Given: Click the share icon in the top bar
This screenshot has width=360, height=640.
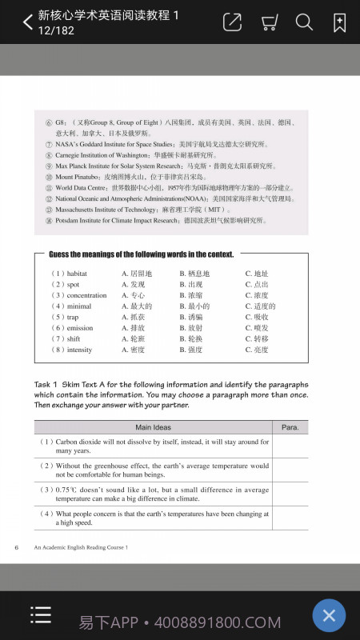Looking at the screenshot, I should click(232, 22).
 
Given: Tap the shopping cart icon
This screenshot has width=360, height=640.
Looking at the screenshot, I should click(270, 23).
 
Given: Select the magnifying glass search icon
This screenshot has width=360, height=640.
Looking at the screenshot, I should click(304, 22).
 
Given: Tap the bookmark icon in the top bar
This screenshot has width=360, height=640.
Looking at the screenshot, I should click(339, 22).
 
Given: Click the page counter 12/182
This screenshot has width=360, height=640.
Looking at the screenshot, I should click(56, 30).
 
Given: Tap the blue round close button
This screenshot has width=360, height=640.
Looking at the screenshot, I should click(328, 615).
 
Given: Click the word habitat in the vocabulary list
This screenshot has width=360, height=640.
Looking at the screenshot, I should click(78, 274).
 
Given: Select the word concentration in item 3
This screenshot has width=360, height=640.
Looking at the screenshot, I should click(86, 295).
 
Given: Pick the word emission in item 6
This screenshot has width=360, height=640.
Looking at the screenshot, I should click(80, 328).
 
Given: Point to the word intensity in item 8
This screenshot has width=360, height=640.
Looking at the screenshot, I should click(80, 350).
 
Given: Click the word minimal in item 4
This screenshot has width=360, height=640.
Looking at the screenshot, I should click(79, 306).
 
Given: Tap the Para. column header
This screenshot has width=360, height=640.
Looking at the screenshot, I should click(290, 427).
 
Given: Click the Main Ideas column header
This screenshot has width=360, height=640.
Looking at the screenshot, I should click(154, 427).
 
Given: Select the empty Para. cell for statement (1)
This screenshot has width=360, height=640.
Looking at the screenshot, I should click(290, 446).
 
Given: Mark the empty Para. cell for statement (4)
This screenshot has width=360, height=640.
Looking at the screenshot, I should click(290, 518).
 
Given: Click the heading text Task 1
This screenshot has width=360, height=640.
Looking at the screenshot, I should click(47, 384).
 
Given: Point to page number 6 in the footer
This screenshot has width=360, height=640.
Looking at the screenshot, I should click(17, 547).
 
